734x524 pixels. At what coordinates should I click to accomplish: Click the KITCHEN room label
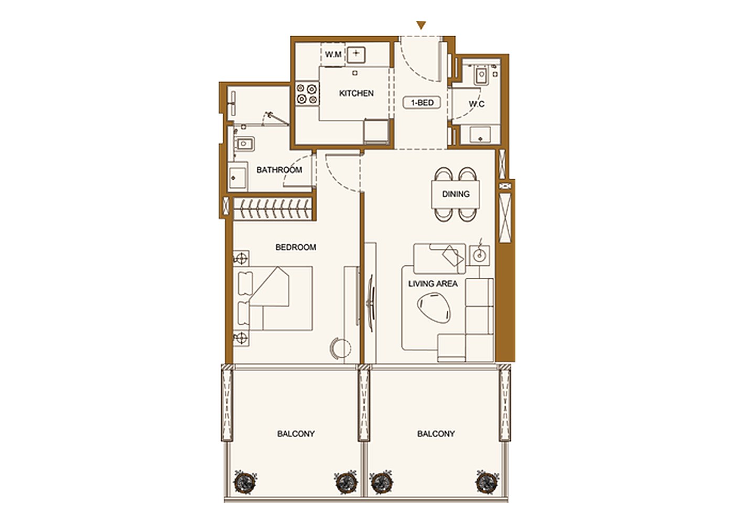[x=356, y=93]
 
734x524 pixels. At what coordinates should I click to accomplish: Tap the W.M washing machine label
[x=333, y=54]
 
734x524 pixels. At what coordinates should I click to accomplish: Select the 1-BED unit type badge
[x=422, y=103]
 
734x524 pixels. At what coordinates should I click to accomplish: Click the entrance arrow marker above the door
[x=421, y=25]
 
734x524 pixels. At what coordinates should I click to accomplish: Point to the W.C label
[x=477, y=104]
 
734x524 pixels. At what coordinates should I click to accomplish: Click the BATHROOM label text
[x=279, y=170]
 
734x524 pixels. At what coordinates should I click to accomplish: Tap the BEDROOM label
[x=296, y=247]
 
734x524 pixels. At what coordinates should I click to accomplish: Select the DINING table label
[x=456, y=194]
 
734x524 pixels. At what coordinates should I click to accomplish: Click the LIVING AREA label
[x=433, y=283]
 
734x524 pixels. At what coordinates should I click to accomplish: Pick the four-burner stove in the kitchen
[x=307, y=94]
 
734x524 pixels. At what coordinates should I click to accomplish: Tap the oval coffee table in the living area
[x=434, y=308]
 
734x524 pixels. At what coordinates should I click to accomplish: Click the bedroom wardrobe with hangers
[x=272, y=209]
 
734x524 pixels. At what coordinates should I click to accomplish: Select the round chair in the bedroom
[x=341, y=348]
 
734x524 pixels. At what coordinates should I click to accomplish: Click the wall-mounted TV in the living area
[x=371, y=303]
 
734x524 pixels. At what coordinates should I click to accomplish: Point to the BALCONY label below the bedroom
[x=296, y=434]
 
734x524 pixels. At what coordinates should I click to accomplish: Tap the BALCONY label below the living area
[x=436, y=434]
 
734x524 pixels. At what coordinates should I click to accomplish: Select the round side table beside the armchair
[x=480, y=255]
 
